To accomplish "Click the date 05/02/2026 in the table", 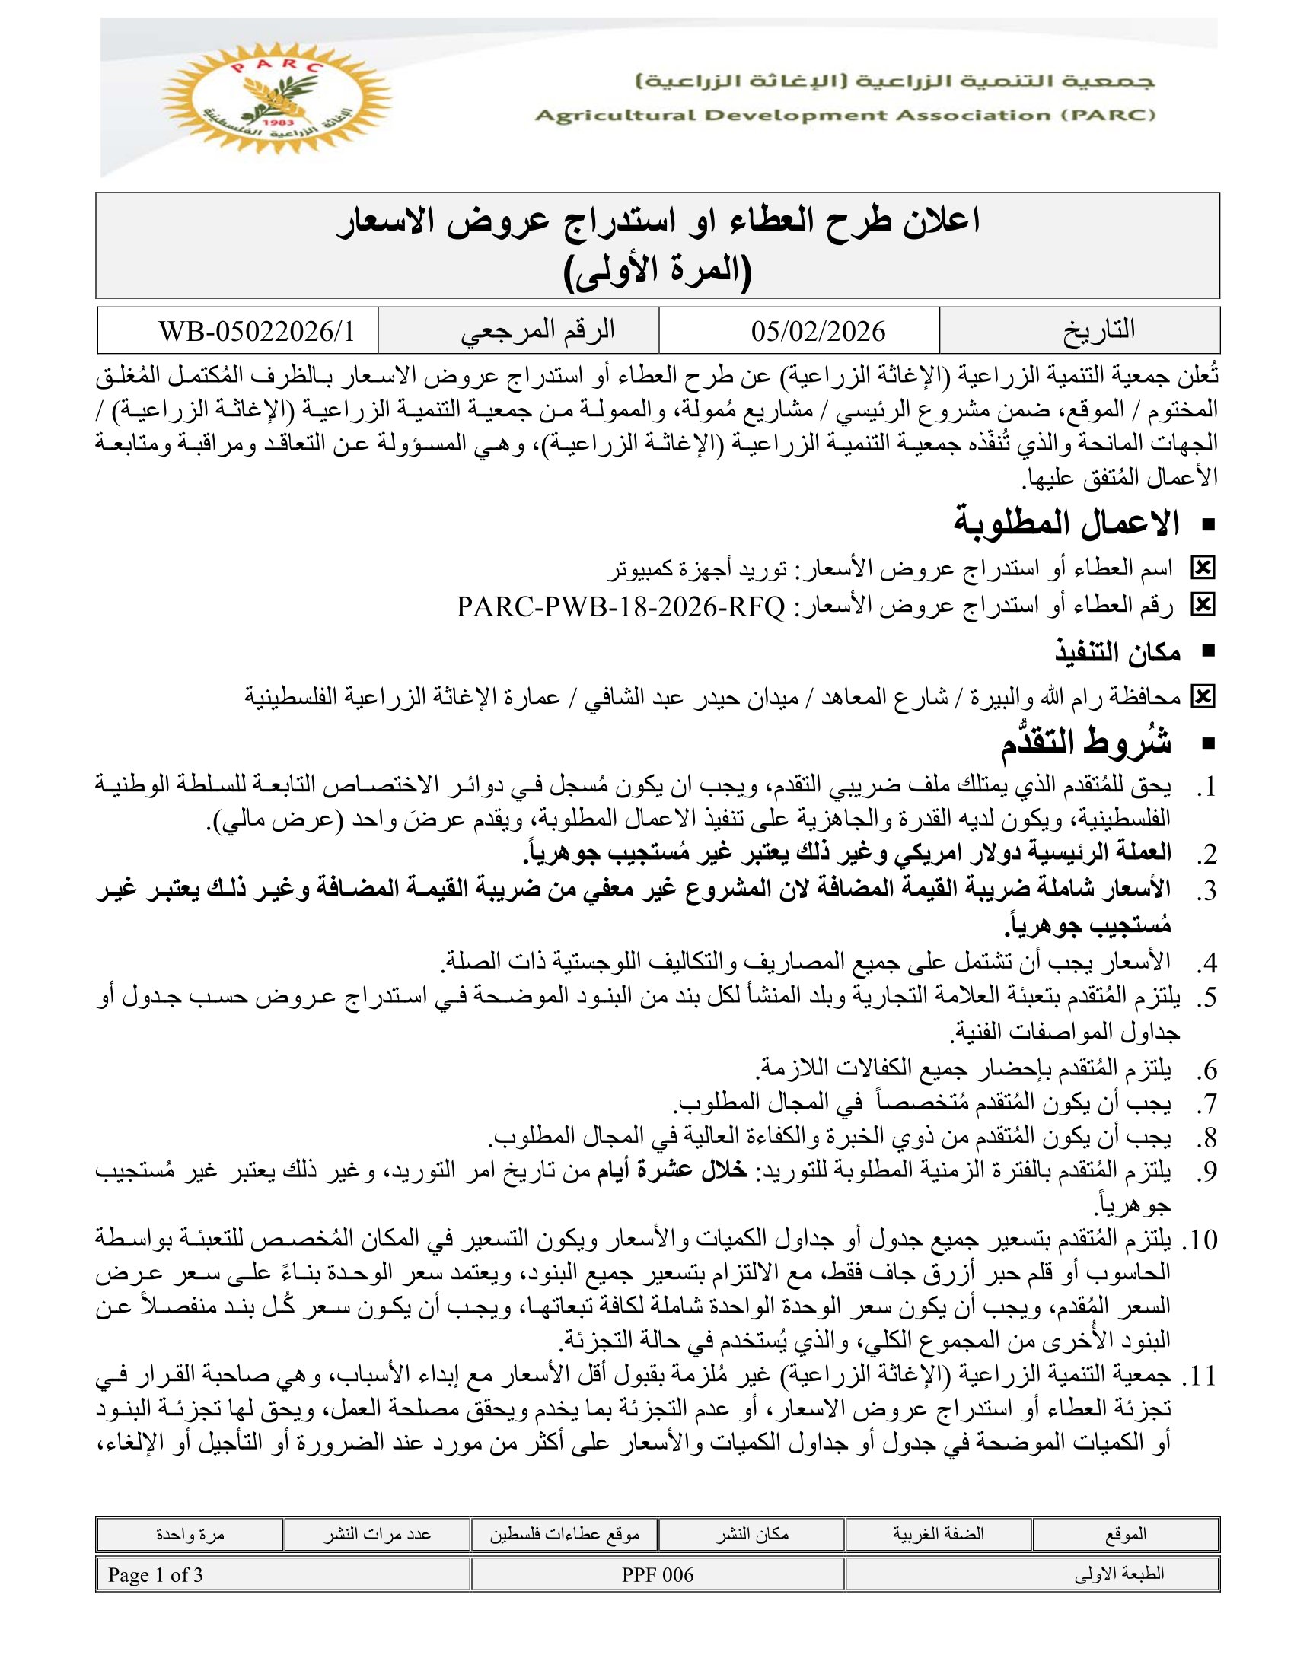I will click(818, 331).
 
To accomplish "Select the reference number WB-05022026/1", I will click(257, 331).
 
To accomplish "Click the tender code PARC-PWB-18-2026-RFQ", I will click(621, 608).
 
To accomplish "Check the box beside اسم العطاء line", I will click(1202, 568).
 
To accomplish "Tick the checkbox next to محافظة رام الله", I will click(1202, 697).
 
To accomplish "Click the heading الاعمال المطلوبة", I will click(1066, 524).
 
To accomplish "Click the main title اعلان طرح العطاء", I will click(658, 223).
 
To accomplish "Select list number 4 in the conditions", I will click(1204, 963).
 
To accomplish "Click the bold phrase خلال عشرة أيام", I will click(660, 1170).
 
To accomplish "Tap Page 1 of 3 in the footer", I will click(155, 1574).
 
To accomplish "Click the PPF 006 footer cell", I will click(658, 1574).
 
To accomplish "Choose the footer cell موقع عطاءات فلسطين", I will click(564, 1534).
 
